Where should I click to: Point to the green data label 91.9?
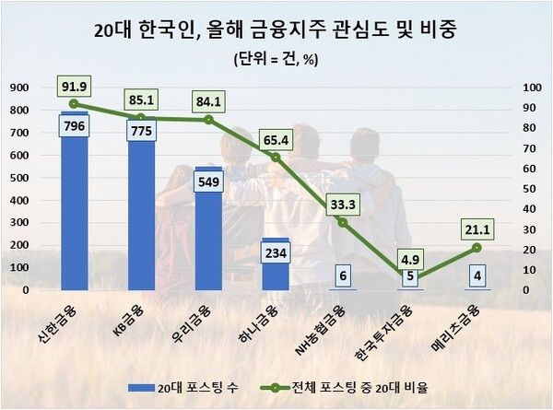click(x=75, y=87)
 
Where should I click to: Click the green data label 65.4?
click(x=275, y=140)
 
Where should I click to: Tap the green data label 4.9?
click(x=408, y=257)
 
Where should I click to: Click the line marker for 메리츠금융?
click(x=476, y=247)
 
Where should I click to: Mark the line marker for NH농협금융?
click(x=342, y=222)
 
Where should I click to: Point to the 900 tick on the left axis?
click(x=18, y=88)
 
